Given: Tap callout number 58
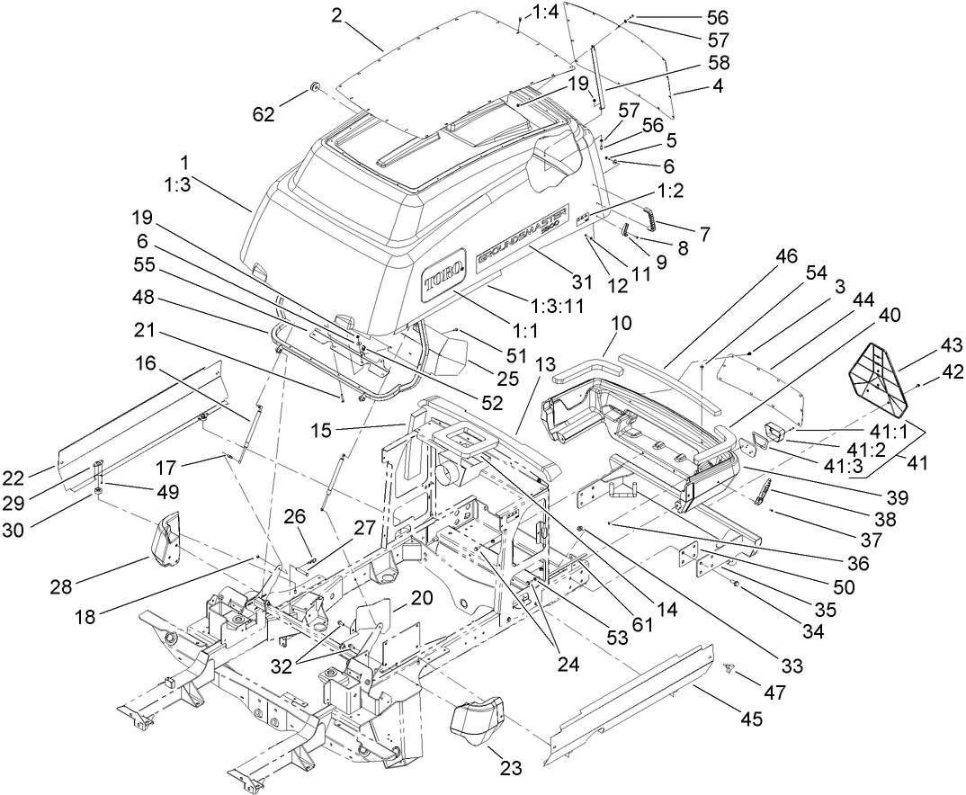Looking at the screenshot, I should pyautogui.click(x=720, y=63).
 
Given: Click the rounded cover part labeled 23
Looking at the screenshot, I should pyautogui.click(x=477, y=714).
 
